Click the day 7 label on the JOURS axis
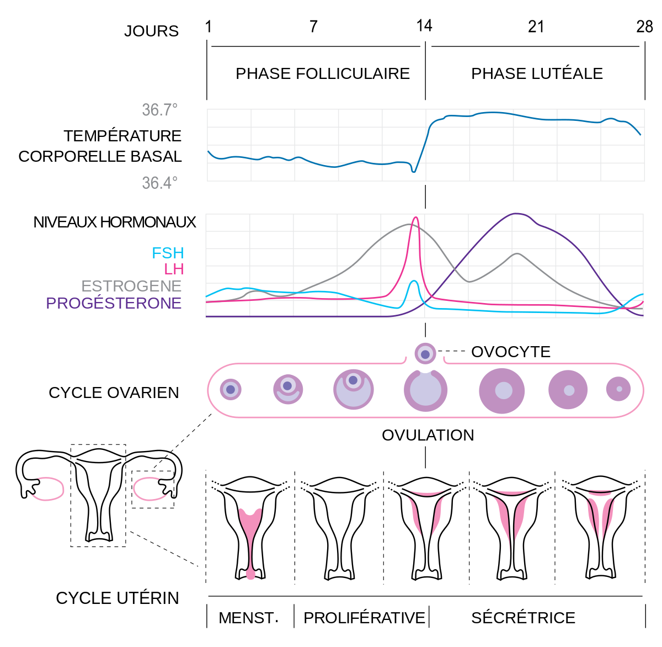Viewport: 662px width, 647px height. (313, 26)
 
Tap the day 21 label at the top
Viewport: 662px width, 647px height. (536, 26)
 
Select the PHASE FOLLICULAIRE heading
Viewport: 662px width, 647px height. (323, 73)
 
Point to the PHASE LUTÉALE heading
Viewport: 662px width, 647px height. (537, 73)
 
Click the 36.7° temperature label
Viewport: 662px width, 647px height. (160, 110)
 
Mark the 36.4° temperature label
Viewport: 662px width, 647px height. (160, 183)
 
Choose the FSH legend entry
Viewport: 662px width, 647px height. (168, 253)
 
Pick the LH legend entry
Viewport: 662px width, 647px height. (174, 269)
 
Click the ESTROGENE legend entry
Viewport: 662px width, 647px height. (131, 286)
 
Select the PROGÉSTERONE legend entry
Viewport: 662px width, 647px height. (114, 303)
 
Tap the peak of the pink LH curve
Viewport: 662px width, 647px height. (415, 218)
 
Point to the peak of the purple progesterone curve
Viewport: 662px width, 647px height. (516, 214)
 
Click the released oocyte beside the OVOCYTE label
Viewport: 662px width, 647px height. (425, 354)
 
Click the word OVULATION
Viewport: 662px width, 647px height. (428, 435)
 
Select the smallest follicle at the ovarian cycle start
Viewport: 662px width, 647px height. (231, 390)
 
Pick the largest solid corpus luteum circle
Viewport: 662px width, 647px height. (502, 390)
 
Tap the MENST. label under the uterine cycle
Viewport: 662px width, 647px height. (249, 618)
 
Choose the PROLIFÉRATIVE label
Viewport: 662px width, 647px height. (364, 618)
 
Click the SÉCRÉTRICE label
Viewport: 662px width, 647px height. (523, 618)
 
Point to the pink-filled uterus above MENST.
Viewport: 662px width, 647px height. (250, 530)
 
